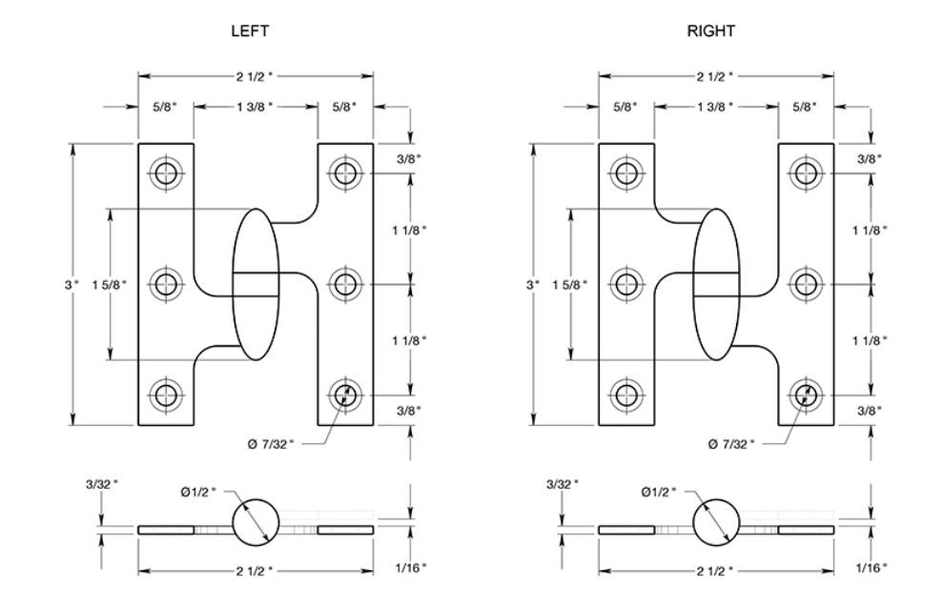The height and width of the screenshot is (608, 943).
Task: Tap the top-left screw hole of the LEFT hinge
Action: click(x=168, y=173)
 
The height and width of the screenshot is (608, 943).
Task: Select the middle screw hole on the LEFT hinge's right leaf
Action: click(x=344, y=283)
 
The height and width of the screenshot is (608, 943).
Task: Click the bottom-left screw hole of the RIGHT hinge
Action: click(x=626, y=394)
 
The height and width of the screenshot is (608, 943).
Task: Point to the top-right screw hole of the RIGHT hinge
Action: click(x=806, y=173)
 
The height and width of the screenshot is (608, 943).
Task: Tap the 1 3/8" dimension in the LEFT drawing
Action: click(x=255, y=108)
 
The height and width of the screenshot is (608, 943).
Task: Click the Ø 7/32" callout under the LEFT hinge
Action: click(x=275, y=442)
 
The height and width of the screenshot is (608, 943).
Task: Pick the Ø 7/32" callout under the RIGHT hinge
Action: click(x=733, y=442)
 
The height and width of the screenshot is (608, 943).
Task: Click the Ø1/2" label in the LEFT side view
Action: click(x=199, y=492)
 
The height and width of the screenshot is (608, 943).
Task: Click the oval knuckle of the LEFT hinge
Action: click(x=256, y=284)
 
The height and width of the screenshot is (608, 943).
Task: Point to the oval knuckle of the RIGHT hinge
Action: click(x=715, y=284)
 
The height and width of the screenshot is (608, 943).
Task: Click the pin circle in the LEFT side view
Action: click(x=256, y=523)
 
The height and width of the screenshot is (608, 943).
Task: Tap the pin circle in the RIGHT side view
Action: click(x=716, y=523)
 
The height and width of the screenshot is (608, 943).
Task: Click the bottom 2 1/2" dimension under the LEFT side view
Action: click(x=255, y=571)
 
